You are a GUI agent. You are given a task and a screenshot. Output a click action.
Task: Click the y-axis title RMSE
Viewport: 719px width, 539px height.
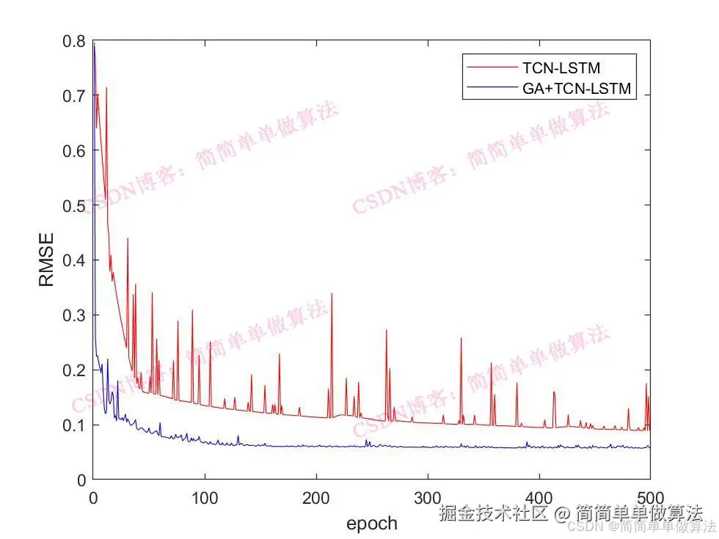pos(46,260)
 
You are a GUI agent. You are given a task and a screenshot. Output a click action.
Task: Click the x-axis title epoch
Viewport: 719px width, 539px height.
pos(371,523)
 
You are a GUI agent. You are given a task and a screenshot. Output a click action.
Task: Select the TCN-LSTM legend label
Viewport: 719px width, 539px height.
pos(561,68)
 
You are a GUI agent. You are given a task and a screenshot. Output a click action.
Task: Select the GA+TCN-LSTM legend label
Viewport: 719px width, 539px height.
pos(577,89)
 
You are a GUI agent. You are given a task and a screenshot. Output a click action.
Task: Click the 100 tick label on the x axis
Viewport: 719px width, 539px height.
pos(205,496)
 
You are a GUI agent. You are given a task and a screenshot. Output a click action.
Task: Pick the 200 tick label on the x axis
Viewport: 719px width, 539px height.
pos(316,496)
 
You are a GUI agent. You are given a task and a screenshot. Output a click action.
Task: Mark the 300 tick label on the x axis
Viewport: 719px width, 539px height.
pos(428,496)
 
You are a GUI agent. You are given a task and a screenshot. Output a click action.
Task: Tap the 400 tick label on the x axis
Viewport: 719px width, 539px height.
pos(539,496)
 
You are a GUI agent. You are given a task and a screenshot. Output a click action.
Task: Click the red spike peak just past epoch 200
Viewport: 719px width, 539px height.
pos(332,294)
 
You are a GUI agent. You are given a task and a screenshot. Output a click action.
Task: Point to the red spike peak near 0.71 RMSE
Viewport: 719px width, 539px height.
pos(106,88)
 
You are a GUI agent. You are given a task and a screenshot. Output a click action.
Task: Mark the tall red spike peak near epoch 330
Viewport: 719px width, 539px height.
pos(461,338)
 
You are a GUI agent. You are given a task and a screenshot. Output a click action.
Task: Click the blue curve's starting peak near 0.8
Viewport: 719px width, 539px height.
pos(94,44)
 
